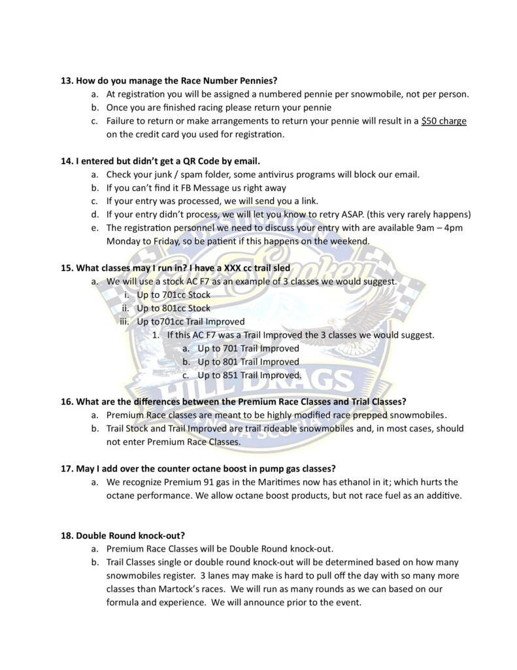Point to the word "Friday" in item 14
pos(159,241)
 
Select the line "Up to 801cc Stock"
pos(173,308)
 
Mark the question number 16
pos(66,401)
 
